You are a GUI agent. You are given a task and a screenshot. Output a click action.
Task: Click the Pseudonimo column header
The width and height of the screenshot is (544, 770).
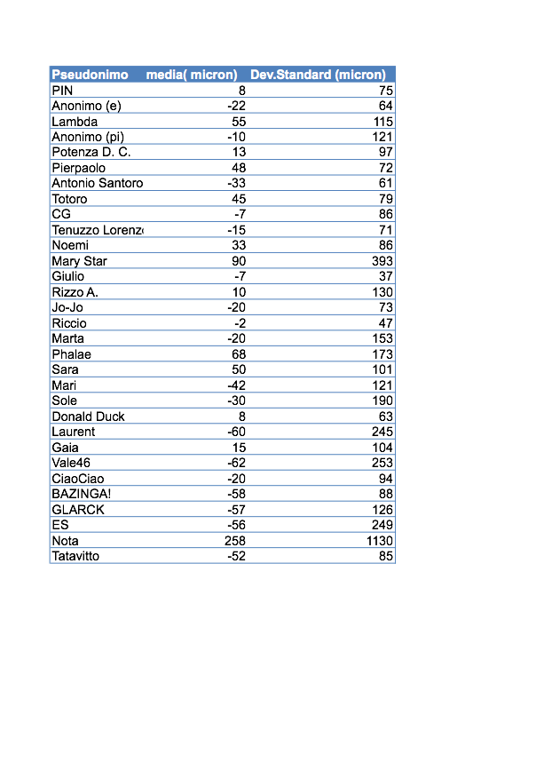point(90,75)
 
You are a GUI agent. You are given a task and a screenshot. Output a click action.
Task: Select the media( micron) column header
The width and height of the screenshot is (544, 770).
point(192,75)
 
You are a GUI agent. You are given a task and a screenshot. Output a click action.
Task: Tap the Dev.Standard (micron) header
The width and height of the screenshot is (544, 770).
point(318,75)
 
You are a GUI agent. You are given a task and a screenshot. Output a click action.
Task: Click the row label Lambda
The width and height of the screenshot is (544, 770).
point(75,122)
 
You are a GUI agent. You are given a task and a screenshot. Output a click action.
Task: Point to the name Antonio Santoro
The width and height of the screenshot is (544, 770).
point(97,183)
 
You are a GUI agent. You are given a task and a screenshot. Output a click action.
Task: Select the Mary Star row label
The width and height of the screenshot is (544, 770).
point(79,261)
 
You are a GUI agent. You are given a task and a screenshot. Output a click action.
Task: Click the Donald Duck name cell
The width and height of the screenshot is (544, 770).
point(88,417)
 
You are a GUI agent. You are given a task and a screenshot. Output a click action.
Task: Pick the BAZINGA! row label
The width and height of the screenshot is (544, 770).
point(82,494)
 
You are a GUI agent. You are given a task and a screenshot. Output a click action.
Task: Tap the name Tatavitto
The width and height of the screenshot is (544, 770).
point(75,556)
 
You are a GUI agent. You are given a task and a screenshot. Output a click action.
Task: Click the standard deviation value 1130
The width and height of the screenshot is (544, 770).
point(379,541)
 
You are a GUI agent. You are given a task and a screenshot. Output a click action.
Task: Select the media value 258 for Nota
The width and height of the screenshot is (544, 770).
point(235,541)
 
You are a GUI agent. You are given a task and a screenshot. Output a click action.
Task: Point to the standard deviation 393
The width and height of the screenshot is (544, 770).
point(382,261)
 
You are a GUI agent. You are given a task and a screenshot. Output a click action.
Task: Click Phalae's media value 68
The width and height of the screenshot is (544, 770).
point(239,354)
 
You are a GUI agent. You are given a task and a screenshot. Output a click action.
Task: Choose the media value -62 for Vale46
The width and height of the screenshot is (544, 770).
point(236,463)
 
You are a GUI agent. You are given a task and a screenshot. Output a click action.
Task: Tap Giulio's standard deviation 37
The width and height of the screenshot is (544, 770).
point(385,276)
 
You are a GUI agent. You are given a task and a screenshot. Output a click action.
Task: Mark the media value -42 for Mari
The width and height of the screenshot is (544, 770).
point(236,385)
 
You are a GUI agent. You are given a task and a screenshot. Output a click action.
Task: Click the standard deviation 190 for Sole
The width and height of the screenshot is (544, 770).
point(382,401)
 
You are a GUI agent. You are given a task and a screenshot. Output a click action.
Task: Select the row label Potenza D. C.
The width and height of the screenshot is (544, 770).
point(91,152)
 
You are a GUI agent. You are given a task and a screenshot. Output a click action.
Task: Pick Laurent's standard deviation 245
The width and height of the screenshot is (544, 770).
point(382,432)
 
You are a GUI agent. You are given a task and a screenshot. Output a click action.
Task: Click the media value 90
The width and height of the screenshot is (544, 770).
point(239,261)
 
